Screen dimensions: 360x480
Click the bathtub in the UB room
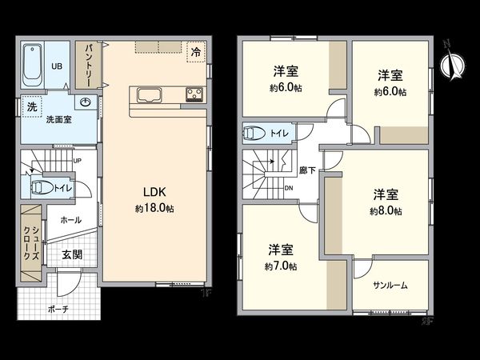click(32, 66)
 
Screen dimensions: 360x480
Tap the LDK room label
click(154, 193)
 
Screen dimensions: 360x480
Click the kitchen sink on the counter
click(150, 95)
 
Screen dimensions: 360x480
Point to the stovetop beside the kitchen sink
click(194, 95)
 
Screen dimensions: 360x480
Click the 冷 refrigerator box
click(196, 51)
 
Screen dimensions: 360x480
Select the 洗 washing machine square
click(31, 107)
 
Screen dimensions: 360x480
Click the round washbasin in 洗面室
click(86, 102)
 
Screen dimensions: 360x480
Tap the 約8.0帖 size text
click(386, 211)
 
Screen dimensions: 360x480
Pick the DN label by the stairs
click(288, 189)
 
